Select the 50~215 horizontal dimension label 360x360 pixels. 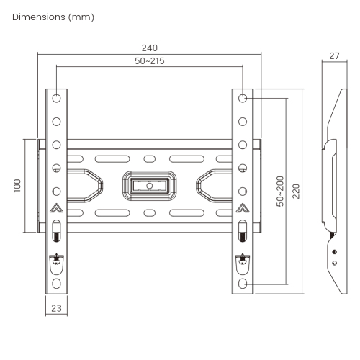(x=150, y=61)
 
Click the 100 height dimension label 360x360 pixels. (x=17, y=185)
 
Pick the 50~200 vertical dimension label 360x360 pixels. (x=280, y=192)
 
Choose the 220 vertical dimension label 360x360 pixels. (x=295, y=192)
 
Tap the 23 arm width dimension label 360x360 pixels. (x=56, y=308)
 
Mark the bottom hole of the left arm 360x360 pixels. (x=57, y=284)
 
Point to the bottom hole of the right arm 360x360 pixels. (x=243, y=284)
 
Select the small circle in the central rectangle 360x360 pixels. (x=150, y=185)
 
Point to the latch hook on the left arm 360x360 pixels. (x=57, y=263)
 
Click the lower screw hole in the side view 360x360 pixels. (x=333, y=262)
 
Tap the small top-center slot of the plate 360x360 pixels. (x=150, y=158)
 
